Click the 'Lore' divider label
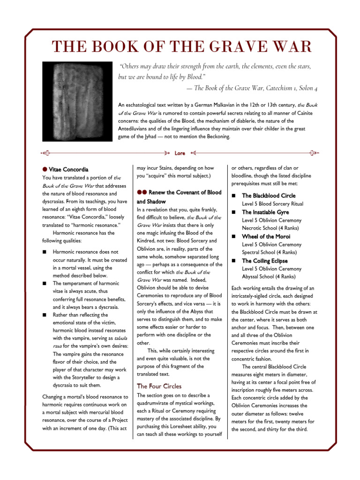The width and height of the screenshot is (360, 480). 180,153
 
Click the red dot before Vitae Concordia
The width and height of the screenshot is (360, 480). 45,169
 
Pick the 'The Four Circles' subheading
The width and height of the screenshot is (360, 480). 158,386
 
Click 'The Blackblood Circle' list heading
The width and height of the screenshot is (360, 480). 269,195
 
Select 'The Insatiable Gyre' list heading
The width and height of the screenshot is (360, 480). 265,212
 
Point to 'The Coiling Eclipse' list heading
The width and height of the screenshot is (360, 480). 265,261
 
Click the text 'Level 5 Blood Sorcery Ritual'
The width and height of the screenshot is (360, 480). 272,204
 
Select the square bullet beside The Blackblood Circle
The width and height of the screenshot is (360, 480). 234,195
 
